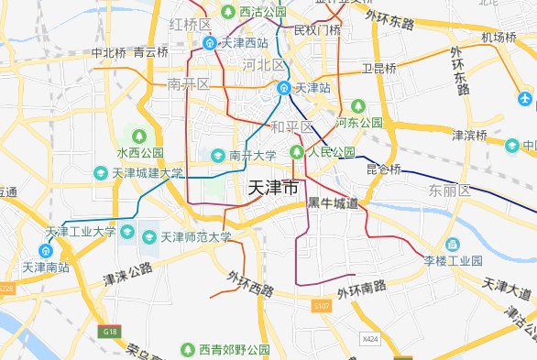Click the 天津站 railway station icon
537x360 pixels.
pyautogui.click(x=284, y=88)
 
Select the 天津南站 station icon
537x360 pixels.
pyautogui.click(x=45, y=251)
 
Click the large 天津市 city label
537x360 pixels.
pyautogui.click(x=273, y=188)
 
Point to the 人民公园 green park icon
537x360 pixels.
pyautogui.click(x=296, y=152)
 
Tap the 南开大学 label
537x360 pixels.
pyautogui.click(x=252, y=155)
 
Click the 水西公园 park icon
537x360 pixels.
pyautogui.click(x=140, y=136)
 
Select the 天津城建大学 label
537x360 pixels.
pyautogui.click(x=147, y=172)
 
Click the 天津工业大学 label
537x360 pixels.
pyautogui.click(x=82, y=231)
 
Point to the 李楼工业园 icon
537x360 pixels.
pyautogui.click(x=452, y=245)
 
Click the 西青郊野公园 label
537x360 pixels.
pyautogui.click(x=235, y=350)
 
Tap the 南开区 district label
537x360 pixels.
pyautogui.click(x=189, y=84)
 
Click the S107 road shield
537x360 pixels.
pyautogui.click(x=321, y=305)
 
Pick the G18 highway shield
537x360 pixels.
pyautogui.click(x=111, y=331)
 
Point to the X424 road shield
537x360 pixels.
pyautogui.click(x=370, y=339)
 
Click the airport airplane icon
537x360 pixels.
pyautogui.click(x=526, y=98)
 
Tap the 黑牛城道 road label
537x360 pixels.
pyautogui.click(x=333, y=202)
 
